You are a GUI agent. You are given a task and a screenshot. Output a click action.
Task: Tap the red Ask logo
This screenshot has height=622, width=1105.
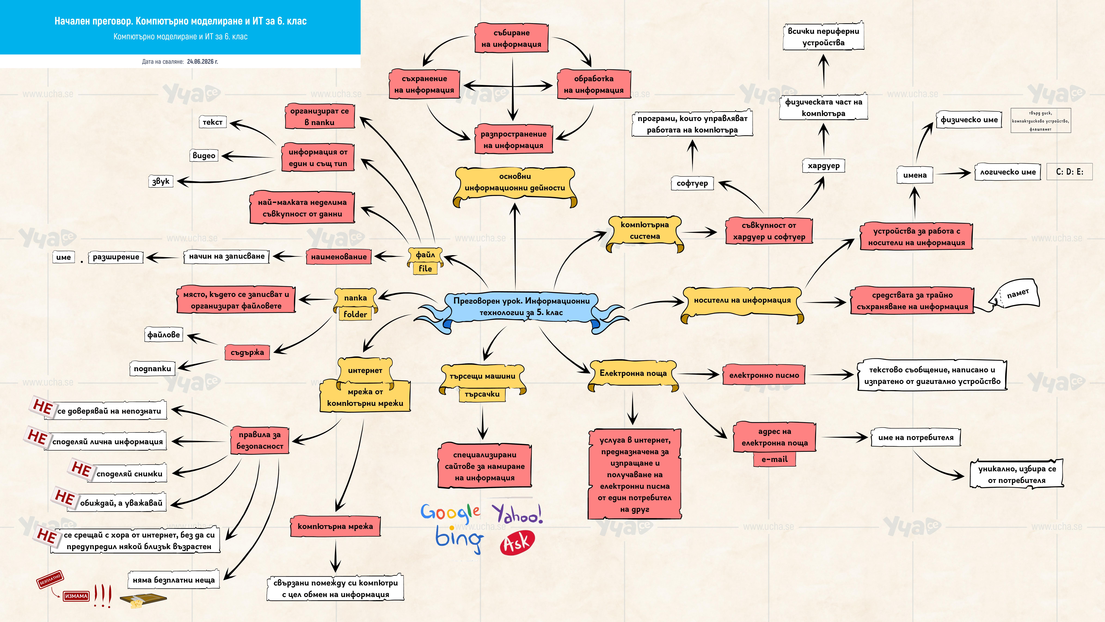pos(517,543)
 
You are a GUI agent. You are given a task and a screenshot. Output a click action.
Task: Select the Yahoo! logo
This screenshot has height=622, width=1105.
pos(517,513)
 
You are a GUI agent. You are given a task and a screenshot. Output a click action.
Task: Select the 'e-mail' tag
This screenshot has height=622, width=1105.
pos(774,459)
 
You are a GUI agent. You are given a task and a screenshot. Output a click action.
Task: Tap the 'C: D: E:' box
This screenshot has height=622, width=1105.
pos(1069,172)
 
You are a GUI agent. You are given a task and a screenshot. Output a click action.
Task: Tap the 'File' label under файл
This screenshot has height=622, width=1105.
pos(425,268)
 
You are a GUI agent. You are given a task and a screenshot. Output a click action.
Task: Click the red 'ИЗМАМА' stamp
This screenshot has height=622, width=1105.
pos(76,596)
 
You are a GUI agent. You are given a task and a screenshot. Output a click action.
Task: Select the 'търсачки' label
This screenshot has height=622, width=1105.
pos(482,394)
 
